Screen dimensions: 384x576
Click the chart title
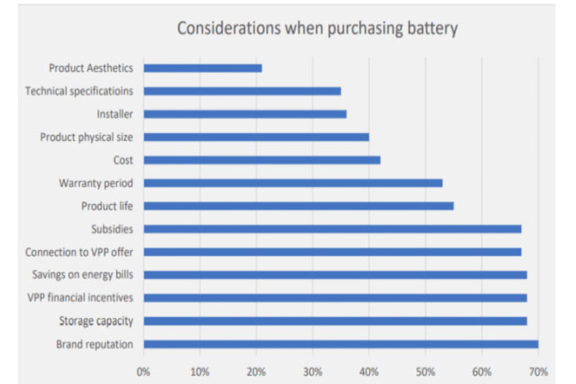click(x=317, y=27)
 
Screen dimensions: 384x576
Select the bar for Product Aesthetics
click(x=202, y=67)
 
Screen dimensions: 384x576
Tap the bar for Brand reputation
click(x=340, y=344)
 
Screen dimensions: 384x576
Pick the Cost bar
click(x=262, y=160)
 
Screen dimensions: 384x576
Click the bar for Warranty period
click(x=293, y=183)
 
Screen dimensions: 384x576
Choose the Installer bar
click(x=245, y=114)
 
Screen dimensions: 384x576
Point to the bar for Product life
click(x=298, y=206)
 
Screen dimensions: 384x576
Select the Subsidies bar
click(x=332, y=229)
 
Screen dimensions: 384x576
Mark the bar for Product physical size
click(x=256, y=137)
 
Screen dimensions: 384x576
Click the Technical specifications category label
click(x=79, y=90)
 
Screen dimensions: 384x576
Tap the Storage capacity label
click(x=96, y=321)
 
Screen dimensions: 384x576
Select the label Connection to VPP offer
click(x=79, y=252)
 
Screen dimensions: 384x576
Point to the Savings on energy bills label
click(x=83, y=275)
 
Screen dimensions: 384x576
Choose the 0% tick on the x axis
click(x=144, y=371)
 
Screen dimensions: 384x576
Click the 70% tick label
click(x=538, y=371)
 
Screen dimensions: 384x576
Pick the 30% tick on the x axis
click(x=312, y=371)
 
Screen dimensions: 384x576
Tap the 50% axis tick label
click(x=425, y=371)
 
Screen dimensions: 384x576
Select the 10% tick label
click(x=200, y=371)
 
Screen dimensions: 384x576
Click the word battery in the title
click(x=429, y=27)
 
